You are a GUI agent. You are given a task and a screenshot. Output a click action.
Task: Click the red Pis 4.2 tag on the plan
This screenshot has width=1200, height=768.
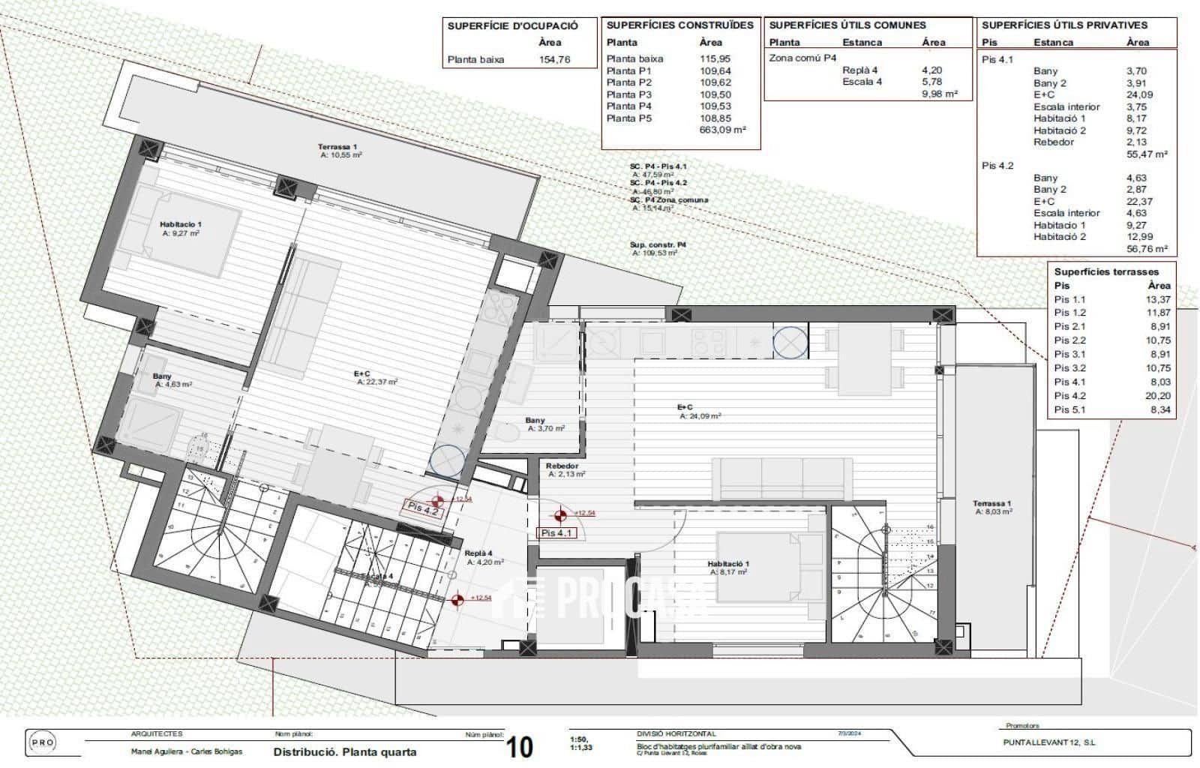[422, 508]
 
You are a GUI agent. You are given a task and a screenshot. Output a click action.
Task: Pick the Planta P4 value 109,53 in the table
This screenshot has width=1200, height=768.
[715, 106]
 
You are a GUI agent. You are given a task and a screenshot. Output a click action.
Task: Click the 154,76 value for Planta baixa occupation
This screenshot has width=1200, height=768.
[554, 59]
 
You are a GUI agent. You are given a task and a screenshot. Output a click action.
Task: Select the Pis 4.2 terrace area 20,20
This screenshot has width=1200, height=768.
[1159, 396]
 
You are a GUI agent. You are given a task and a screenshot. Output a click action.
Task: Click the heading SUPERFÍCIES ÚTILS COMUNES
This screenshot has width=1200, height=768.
[847, 25]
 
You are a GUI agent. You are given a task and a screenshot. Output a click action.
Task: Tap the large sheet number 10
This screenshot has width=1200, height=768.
[520, 747]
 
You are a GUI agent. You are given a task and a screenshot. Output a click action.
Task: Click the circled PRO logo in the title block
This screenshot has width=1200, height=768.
[41, 742]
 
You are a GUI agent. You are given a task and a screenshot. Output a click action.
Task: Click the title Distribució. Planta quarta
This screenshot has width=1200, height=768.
[344, 751]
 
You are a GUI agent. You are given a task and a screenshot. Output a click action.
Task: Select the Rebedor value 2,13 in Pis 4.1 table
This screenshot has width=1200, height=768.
[1137, 142]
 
